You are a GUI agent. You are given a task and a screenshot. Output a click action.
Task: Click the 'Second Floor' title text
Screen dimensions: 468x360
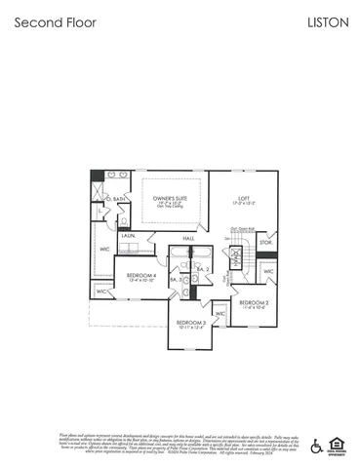click(x=56, y=21)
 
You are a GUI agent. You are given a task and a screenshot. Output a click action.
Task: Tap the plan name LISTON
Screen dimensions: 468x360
click(x=328, y=21)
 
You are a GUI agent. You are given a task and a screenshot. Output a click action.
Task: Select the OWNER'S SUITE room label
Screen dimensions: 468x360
click(x=169, y=199)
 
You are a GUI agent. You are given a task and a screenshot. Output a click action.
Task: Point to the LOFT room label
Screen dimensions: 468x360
click(x=244, y=199)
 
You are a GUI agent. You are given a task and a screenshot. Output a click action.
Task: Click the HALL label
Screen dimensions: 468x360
click(x=188, y=238)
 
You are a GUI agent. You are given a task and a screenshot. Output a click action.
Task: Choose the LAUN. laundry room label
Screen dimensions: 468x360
click(x=128, y=235)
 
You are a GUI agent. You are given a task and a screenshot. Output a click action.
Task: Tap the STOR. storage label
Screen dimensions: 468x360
click(x=264, y=241)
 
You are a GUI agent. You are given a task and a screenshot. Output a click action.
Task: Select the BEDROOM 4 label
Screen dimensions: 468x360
click(x=141, y=275)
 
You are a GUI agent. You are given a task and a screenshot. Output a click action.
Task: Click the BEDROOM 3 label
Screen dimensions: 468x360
click(x=191, y=321)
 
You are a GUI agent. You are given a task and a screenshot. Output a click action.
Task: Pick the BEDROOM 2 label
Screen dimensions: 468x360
click(x=254, y=302)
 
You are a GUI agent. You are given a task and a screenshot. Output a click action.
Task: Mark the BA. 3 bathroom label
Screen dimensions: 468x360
click(x=174, y=280)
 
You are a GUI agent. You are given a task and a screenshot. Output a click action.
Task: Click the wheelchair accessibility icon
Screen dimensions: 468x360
click(x=316, y=446)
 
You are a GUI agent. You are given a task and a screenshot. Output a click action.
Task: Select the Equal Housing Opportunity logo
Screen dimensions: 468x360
click(x=338, y=446)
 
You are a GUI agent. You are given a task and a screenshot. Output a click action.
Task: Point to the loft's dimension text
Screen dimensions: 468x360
click(x=244, y=205)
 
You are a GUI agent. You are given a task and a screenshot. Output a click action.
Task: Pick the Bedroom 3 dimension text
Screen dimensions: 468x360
click(x=191, y=327)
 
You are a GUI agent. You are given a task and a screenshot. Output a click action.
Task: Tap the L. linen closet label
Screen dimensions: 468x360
click(x=100, y=210)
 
